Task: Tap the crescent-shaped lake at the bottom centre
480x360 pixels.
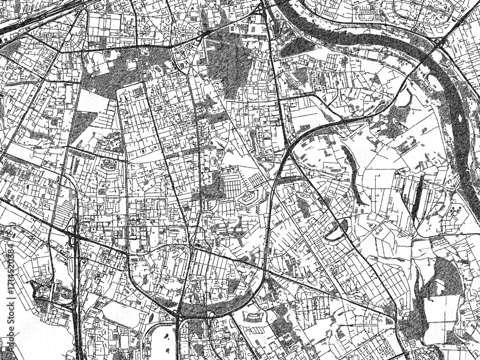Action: click(216, 302)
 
